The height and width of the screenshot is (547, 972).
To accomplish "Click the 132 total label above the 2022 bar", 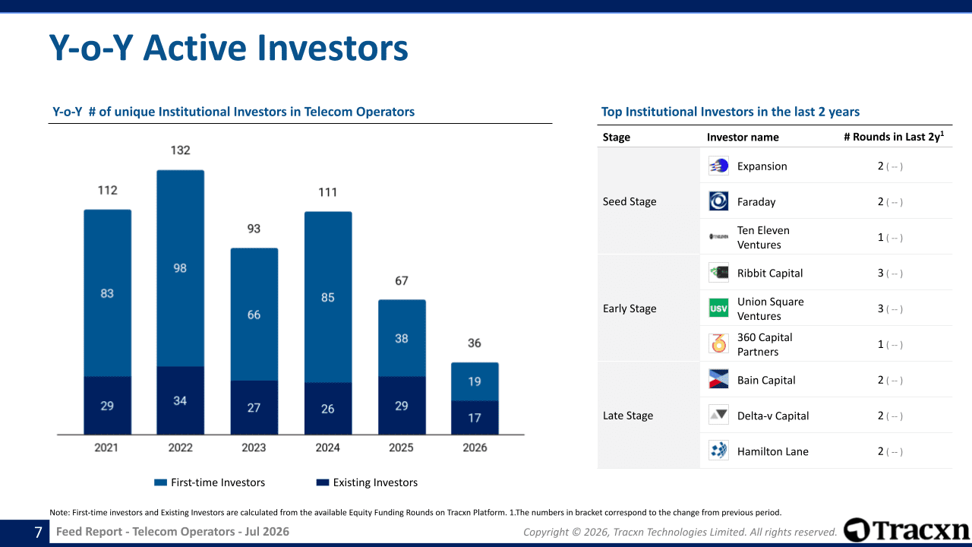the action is [x=180, y=150].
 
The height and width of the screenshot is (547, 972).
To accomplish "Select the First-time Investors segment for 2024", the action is [x=328, y=297].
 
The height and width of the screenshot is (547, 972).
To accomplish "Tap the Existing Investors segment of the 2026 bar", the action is [x=475, y=418].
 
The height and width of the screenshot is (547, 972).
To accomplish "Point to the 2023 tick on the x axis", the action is [x=254, y=447].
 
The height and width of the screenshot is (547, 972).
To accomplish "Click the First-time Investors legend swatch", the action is [x=160, y=482].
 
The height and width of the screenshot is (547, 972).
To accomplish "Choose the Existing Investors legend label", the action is [x=375, y=482].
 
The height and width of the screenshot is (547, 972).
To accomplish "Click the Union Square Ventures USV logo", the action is [x=718, y=308].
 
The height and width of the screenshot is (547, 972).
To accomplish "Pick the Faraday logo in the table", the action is [x=718, y=201].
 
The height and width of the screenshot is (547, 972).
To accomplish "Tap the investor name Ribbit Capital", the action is [x=770, y=273].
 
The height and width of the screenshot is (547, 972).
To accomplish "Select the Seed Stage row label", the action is [x=630, y=201].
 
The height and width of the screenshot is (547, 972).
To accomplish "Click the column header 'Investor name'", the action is [x=743, y=138].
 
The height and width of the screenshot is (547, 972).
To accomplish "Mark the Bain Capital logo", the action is [x=718, y=379].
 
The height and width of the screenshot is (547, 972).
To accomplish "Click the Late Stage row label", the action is [x=628, y=416].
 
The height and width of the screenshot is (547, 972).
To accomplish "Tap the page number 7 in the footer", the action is [x=38, y=532].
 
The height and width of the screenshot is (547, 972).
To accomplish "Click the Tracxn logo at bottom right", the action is [x=907, y=530].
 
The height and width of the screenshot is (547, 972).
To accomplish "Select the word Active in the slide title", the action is [x=196, y=48].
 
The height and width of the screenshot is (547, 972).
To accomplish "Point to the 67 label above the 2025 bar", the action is [x=402, y=281].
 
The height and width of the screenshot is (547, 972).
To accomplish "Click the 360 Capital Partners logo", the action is [x=718, y=344].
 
